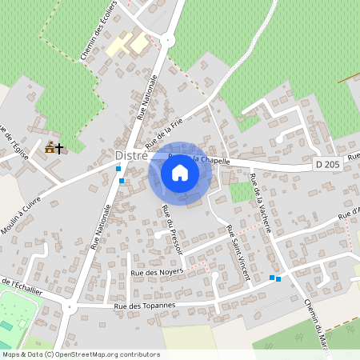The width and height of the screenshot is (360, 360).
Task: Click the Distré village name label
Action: pos(130,154)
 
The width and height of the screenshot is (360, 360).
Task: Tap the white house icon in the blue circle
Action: pos(180,173)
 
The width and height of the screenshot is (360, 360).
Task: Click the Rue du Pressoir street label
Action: pos(172,230)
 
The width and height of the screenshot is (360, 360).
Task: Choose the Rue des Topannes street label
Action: pos(145,306)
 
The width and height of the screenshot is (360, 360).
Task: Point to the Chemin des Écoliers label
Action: pos(98,32)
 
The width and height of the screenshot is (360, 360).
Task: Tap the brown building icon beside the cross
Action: pos(50,147)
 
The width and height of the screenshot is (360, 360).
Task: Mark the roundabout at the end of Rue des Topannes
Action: pos(68,306)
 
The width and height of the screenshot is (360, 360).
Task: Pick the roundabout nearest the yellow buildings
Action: pos(167,39)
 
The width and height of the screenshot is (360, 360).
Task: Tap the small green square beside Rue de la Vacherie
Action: pos(239,192)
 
